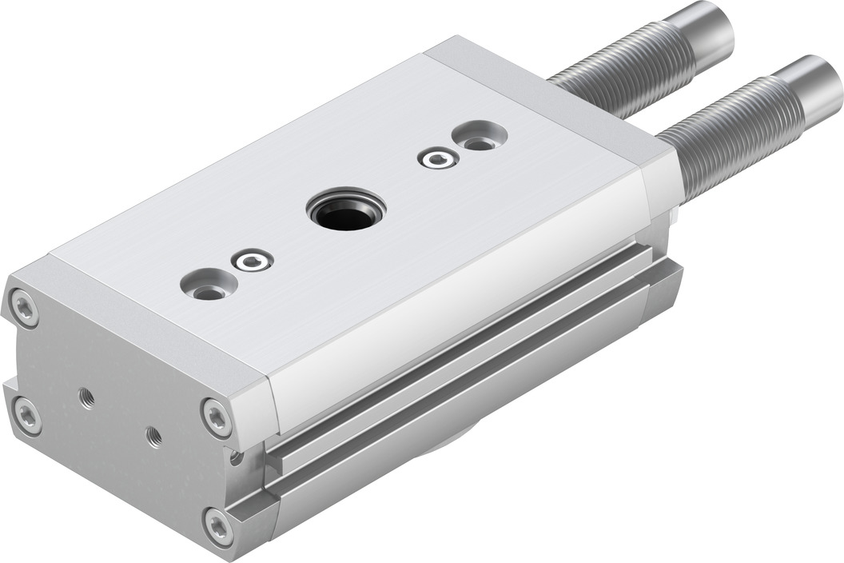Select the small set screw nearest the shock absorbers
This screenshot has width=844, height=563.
pos(438,159)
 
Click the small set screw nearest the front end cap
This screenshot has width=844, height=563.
pos(252,261)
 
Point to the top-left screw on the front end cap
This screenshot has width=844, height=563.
pos(23,308)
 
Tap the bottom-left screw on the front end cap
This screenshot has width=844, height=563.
pos(27,417)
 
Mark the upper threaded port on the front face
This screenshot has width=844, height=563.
pos(86,397)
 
